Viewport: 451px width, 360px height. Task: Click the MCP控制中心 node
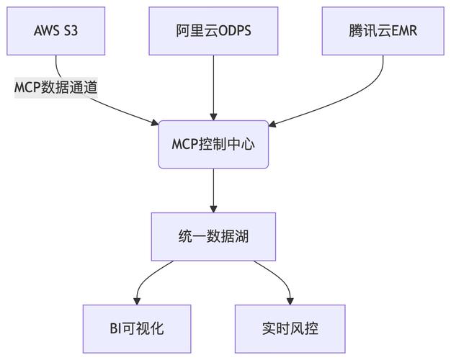[x=213, y=144]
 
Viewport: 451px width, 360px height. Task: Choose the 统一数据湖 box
[x=213, y=236]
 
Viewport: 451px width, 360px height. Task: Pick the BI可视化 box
[x=137, y=329]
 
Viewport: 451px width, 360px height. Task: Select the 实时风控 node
[x=290, y=329]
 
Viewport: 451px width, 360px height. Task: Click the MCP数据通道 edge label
[x=56, y=87]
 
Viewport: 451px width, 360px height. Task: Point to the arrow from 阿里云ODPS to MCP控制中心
[x=213, y=86]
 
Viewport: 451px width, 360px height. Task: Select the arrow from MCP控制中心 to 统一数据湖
[x=213, y=190]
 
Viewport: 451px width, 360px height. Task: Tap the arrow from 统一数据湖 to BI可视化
[x=148, y=277]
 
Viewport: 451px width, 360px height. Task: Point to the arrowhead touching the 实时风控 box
[x=290, y=300]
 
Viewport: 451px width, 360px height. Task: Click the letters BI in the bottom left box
[x=115, y=329]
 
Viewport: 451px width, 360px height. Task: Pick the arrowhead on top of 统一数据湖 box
[x=213, y=208]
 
